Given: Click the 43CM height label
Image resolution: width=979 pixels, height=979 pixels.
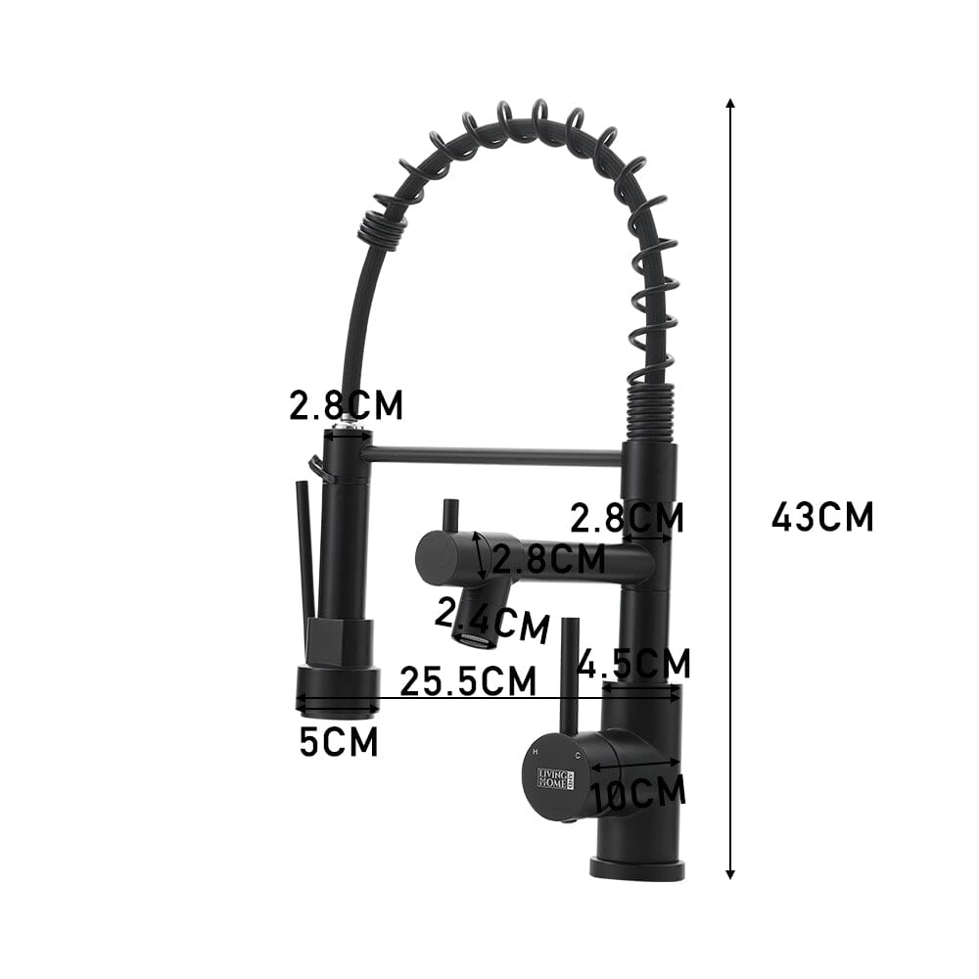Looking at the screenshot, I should point(822,517).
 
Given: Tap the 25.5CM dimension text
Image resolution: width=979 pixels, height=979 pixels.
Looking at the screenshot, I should point(468,680).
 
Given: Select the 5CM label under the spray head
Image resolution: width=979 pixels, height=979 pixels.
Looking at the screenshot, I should point(339,742).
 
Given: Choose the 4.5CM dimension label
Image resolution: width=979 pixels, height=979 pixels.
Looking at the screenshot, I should point(633,663).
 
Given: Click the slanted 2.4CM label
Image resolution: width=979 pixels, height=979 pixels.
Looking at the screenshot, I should point(490,620).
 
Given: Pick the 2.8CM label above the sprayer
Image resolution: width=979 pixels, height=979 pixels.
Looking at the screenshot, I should point(346,405).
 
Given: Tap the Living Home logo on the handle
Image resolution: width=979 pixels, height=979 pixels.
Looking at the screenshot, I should point(556,779).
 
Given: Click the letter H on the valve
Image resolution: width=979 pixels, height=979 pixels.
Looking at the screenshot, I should point(535,751).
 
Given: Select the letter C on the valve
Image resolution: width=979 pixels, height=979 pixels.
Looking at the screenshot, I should point(579,756).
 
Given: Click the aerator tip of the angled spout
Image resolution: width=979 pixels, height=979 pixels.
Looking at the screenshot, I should point(473,640).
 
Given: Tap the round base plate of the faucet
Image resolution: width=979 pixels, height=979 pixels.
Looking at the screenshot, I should point(637,867).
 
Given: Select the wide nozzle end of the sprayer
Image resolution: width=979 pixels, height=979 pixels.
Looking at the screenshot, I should point(338,687).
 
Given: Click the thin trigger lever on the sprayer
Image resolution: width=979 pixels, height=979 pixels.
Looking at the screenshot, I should point(306,548).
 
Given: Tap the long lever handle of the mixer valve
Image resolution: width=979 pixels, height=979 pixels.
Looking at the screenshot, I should point(568,676).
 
